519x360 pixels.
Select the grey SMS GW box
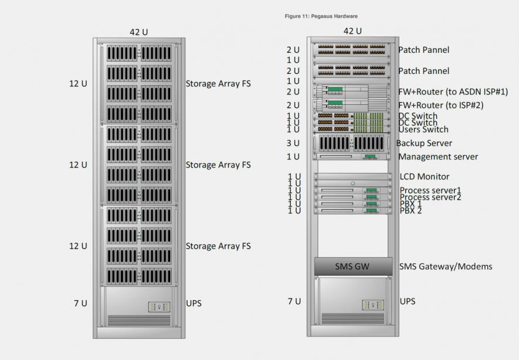(x=352, y=266)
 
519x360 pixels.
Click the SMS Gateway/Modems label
(x=445, y=266)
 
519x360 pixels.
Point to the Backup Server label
(x=423, y=143)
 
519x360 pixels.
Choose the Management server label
(x=438, y=157)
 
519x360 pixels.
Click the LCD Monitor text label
(x=424, y=176)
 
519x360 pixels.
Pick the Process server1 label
(x=430, y=191)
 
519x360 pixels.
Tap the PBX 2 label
(x=411, y=210)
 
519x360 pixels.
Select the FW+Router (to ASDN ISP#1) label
(x=453, y=91)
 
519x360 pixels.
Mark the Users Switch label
(x=423, y=130)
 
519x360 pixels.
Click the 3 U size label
(x=293, y=143)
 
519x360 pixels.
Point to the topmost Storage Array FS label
(x=218, y=83)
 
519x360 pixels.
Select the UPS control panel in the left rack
(x=158, y=307)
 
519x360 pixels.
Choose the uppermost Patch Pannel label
(x=423, y=50)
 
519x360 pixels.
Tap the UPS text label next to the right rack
(x=407, y=301)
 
